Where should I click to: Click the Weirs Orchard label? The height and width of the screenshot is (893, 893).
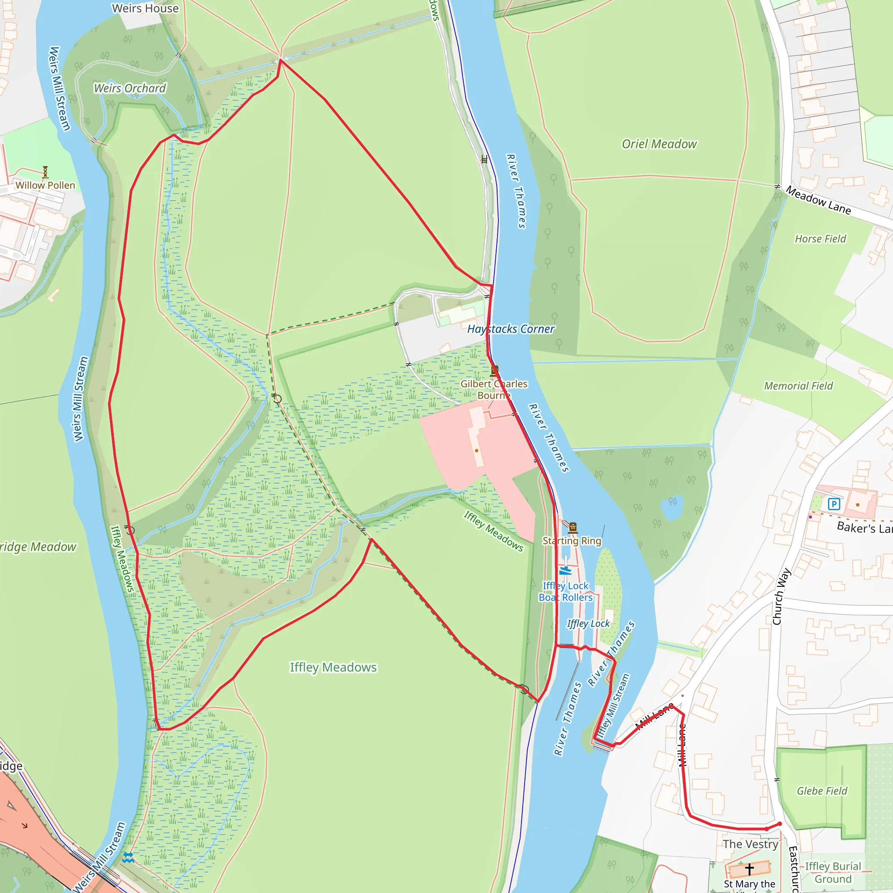click(x=130, y=88)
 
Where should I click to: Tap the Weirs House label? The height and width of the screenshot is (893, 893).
click(x=145, y=8)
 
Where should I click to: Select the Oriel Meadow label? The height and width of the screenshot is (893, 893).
click(x=659, y=144)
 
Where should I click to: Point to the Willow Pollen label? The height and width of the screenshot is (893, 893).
click(x=45, y=185)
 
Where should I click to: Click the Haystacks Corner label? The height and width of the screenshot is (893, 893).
click(x=510, y=329)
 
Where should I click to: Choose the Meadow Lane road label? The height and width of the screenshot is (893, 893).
click(x=818, y=200)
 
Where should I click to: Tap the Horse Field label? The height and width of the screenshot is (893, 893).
click(x=821, y=239)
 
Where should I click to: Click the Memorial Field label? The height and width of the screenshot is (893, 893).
click(x=798, y=386)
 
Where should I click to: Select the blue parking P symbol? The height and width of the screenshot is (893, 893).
click(x=834, y=504)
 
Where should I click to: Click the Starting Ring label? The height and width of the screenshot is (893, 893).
click(x=572, y=541)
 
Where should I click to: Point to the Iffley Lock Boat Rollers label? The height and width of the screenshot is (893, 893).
click(x=566, y=592)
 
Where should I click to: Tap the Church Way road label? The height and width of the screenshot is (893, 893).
click(x=782, y=596)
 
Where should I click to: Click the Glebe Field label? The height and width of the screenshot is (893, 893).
click(x=822, y=791)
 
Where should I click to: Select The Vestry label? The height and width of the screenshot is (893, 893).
click(x=751, y=844)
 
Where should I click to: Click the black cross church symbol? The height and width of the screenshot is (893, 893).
click(x=749, y=869)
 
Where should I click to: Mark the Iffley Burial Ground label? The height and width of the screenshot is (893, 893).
click(x=833, y=872)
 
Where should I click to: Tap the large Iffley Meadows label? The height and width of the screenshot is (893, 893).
click(x=333, y=668)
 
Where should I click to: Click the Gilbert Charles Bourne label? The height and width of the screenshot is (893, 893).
click(x=494, y=390)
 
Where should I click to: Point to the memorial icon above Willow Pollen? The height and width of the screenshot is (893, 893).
click(x=45, y=172)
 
